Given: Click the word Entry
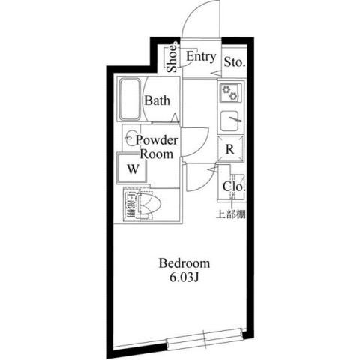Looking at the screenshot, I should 201,57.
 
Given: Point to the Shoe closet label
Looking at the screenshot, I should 172,58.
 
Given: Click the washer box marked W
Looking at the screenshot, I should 132,168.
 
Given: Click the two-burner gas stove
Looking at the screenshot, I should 230,94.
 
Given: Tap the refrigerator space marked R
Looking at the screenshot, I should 231,148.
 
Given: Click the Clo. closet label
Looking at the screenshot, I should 231,187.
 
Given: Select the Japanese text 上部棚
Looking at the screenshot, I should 231,214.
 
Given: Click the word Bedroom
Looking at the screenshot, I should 184,264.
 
